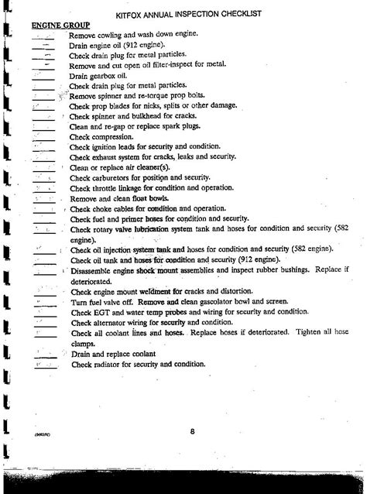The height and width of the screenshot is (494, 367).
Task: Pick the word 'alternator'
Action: tap(115, 322)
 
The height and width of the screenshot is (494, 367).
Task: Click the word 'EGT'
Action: tap(102, 312)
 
